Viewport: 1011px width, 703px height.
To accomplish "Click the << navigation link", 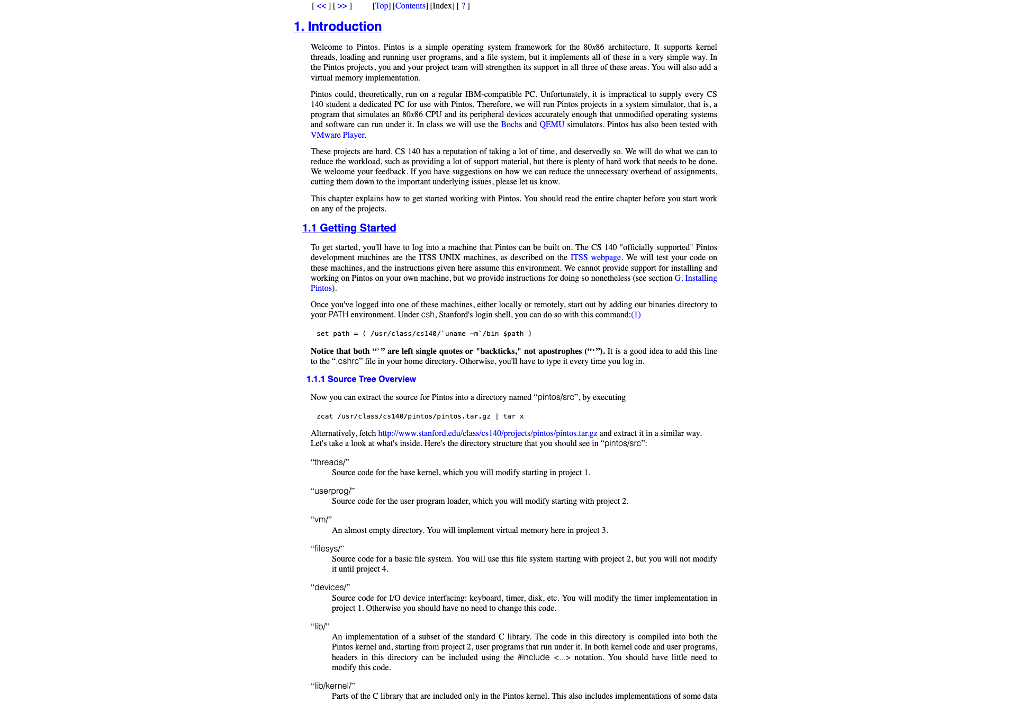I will pos(321,6).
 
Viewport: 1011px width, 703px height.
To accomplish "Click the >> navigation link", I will pos(342,6).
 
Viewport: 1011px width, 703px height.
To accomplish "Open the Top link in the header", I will pos(381,6).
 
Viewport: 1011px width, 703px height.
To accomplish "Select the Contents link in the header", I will pos(410,6).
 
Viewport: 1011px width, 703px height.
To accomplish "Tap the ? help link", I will pos(463,6).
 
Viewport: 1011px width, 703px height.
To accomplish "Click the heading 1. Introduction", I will pos(338,26).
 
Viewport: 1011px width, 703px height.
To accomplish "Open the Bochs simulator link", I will pos(511,124).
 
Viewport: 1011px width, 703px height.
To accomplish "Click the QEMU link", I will pos(552,124).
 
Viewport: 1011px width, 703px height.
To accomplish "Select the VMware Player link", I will pos(337,135).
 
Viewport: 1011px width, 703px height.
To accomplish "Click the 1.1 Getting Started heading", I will pos(349,228).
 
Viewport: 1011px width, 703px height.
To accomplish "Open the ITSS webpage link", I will pos(595,257).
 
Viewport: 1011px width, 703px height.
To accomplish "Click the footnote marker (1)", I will pos(636,315).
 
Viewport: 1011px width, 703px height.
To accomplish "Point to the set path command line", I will pos(423,334).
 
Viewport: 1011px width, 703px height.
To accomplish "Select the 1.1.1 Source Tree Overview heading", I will pos(361,379).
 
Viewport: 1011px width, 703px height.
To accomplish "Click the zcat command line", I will pos(420,416).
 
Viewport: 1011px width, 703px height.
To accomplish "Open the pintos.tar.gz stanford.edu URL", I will pos(488,433).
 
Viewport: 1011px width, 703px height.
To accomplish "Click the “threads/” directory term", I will pos(330,462).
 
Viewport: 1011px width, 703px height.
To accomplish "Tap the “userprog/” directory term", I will pos(332,491).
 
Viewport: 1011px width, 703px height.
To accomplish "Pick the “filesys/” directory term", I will pos(327,549).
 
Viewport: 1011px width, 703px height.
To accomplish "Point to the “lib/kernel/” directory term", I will pos(332,686).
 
